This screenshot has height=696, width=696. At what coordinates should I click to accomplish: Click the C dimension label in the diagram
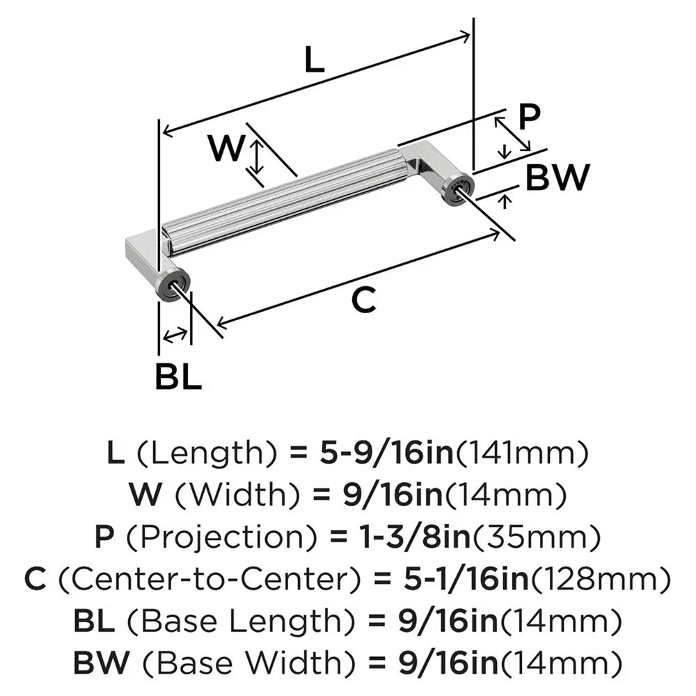pos(363,301)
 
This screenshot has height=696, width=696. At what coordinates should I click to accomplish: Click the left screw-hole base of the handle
pos(171,284)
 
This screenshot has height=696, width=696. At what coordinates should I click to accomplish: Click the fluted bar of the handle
pos(285,198)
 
